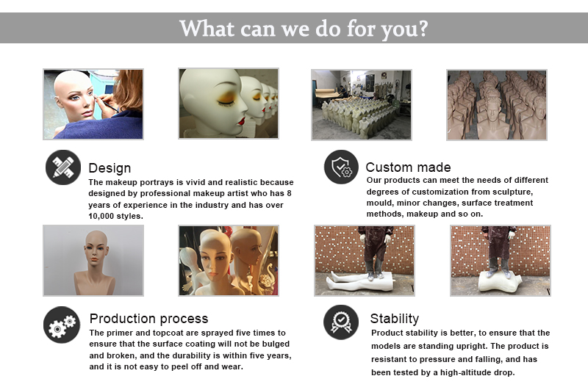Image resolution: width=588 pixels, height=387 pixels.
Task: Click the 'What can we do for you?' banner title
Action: (304, 29)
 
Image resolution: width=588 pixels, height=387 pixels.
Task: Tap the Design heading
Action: (110, 168)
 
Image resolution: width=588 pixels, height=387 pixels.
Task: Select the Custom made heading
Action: (408, 167)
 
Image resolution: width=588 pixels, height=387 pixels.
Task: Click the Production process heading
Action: (148, 319)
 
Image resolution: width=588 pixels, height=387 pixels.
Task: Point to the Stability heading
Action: (394, 319)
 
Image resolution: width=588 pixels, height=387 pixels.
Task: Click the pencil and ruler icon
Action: (63, 167)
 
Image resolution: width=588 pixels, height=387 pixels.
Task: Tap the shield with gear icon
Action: (341, 167)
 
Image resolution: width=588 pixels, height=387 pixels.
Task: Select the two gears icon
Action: (62, 325)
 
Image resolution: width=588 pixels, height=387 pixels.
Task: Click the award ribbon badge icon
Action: (341, 322)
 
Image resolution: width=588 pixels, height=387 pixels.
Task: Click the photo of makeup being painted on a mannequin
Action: (93, 104)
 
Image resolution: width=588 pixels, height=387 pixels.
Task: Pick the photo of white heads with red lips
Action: (229, 104)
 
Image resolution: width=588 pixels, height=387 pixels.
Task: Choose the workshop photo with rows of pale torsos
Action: (362, 104)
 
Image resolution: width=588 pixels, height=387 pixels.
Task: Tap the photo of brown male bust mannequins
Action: (497, 104)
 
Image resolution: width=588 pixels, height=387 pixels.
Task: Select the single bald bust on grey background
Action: (93, 261)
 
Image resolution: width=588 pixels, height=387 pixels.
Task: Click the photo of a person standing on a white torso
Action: (501, 261)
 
